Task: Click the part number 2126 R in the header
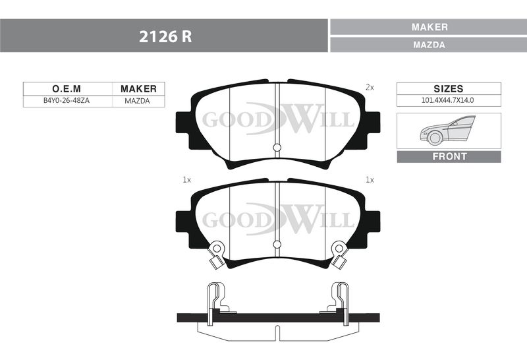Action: (x=165, y=36)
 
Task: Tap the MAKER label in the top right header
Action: (x=430, y=27)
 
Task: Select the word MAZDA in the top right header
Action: (x=430, y=45)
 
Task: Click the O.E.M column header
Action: (x=67, y=89)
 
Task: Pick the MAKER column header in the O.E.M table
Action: (x=138, y=89)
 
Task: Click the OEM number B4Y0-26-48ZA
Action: (x=67, y=101)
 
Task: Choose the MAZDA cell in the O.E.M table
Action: (x=137, y=101)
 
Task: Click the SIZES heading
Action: (x=449, y=89)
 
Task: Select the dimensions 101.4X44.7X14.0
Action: (x=448, y=100)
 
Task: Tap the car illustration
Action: (x=447, y=130)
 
